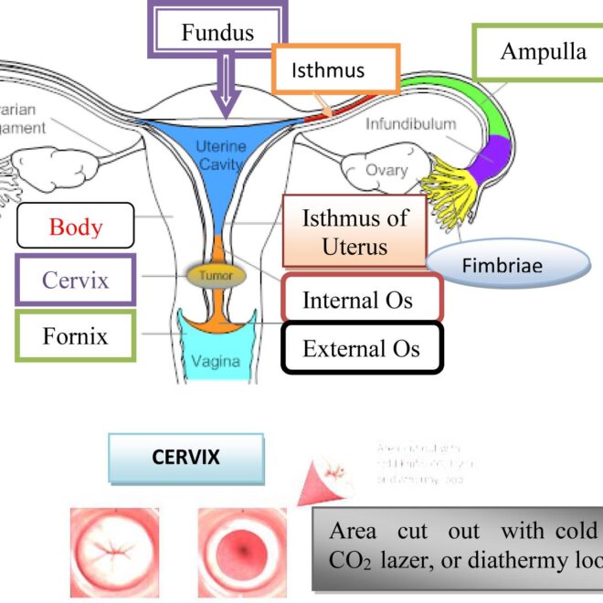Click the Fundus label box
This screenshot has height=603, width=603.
point(217,34)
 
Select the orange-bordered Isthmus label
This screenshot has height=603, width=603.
point(335,69)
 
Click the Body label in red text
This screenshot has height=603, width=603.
point(76,226)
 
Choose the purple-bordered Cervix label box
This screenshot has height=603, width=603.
point(76,280)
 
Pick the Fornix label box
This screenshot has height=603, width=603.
point(76,335)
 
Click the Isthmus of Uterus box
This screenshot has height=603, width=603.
point(354,231)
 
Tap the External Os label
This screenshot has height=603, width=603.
point(363,348)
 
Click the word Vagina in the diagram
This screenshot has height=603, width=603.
point(216,361)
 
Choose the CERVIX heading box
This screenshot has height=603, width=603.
point(185,458)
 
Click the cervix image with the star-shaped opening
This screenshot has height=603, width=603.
point(114,553)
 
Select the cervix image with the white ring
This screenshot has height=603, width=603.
point(242,553)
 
